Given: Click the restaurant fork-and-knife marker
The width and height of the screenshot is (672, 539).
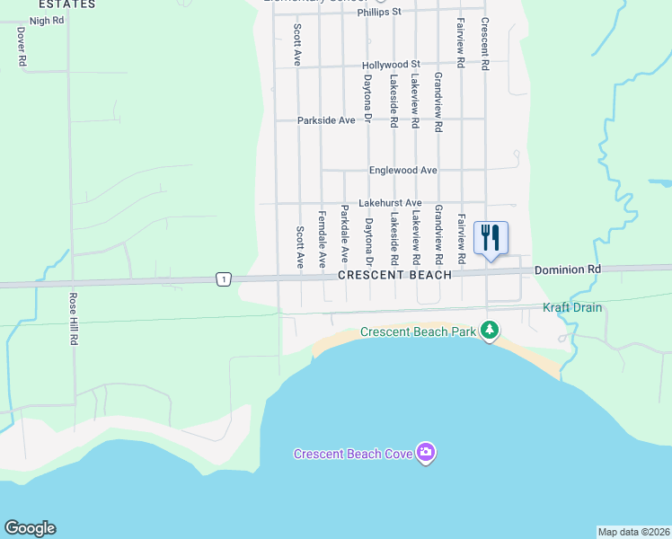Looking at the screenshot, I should tap(491, 238).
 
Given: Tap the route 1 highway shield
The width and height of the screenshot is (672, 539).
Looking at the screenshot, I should tap(222, 280).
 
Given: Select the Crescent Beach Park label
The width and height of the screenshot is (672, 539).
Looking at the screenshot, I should tap(418, 332).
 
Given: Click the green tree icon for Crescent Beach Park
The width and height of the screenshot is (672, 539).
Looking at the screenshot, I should tap(489, 331).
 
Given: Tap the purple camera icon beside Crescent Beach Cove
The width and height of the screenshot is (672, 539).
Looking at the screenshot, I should tap(426, 453).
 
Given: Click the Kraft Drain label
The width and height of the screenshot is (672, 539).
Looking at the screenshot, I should tap(572, 308).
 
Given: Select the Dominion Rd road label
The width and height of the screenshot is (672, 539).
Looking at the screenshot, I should tap(567, 269).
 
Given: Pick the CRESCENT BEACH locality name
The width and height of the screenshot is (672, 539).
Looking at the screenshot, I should tap(394, 275).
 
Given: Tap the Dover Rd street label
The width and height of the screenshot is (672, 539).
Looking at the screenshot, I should tap(21, 45).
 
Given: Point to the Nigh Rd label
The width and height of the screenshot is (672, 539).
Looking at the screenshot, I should tap(47, 20).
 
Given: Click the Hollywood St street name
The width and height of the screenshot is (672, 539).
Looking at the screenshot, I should tap(391, 66).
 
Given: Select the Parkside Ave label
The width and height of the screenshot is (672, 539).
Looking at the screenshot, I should tap(326, 120).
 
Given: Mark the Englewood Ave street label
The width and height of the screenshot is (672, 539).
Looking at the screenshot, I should tap(402, 171).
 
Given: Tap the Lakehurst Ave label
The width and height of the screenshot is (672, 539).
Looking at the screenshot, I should tap(390, 204).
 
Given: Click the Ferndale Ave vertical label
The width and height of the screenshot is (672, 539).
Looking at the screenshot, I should tap(322, 240).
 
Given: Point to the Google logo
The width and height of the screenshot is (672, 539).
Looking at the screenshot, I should tap(30, 528).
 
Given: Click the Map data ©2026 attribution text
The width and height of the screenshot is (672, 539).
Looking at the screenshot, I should tap(633, 531).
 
